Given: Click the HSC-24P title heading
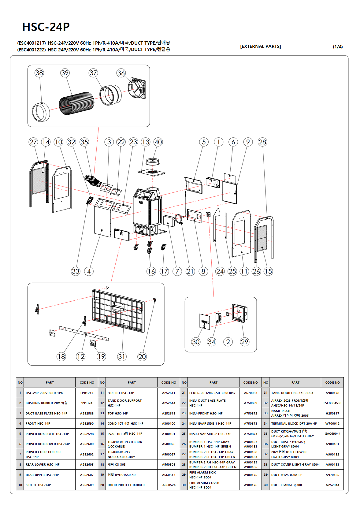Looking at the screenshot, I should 46,27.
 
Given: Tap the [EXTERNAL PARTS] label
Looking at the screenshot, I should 260,46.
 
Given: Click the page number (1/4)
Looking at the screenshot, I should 338,47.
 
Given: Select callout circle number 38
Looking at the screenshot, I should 39,73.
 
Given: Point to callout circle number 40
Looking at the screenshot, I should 158,142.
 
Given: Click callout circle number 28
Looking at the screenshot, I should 262,142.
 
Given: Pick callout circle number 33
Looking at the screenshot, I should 76,271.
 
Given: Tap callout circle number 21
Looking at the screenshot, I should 190,271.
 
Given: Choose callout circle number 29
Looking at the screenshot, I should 244,342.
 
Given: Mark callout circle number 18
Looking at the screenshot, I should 61,356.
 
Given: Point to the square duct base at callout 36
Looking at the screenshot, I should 137,89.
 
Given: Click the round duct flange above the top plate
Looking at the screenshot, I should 152,161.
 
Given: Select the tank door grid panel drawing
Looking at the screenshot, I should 119,310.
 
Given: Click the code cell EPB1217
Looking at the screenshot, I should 87,393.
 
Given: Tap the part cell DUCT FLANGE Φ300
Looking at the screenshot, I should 295,485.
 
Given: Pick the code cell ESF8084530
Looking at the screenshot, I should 332,403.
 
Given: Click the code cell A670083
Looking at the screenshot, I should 251,393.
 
